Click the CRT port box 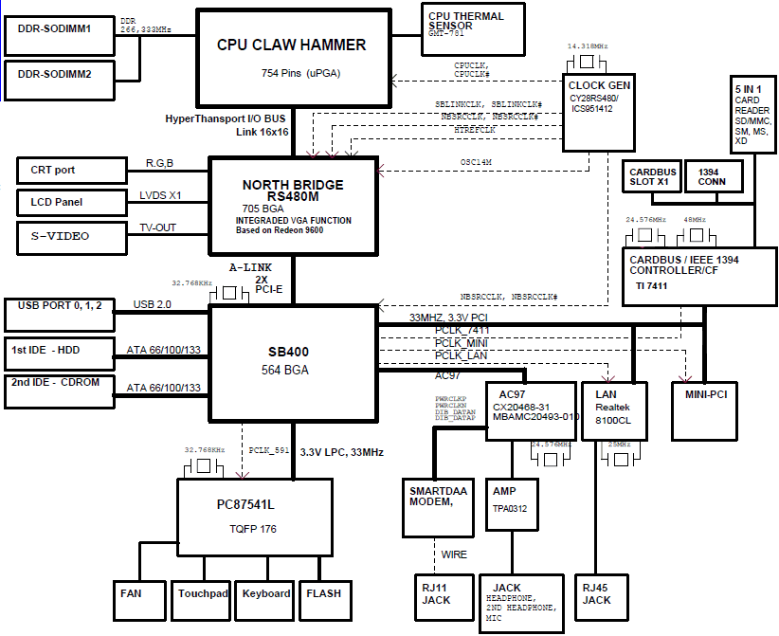tap(72, 171)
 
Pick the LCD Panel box tap(72, 202)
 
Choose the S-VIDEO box tap(72, 235)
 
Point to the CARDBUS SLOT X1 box tap(649, 176)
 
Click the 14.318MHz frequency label tap(588, 45)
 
